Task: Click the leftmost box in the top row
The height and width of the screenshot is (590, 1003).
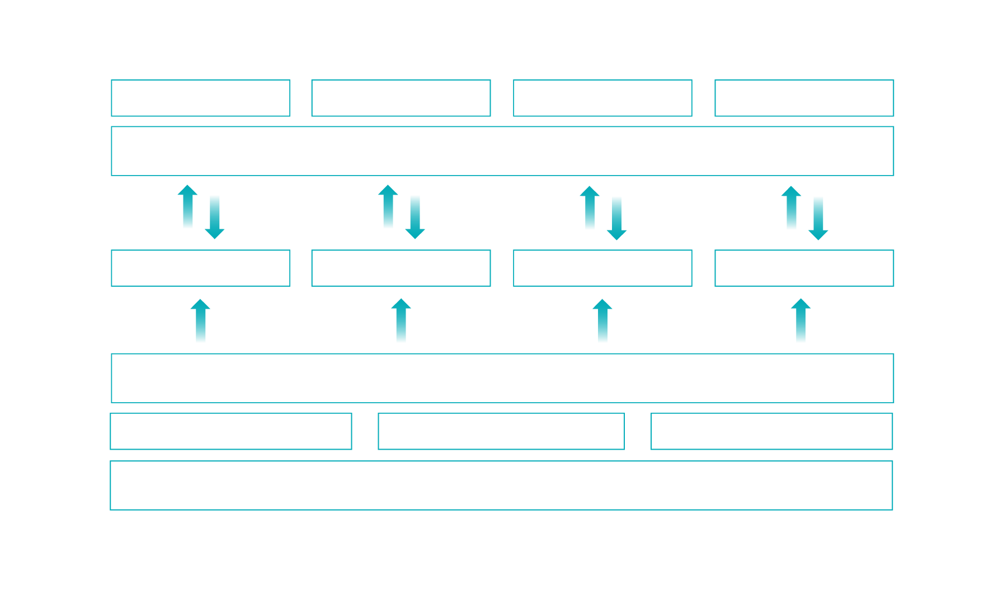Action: coord(200,98)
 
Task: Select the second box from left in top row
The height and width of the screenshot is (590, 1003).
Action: coord(401,98)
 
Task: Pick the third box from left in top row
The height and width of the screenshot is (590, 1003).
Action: coord(602,98)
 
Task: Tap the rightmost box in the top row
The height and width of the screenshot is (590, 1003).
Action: coord(804,98)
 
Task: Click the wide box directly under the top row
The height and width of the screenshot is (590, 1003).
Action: coord(502,151)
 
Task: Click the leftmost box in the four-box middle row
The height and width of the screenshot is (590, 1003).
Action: coord(200,268)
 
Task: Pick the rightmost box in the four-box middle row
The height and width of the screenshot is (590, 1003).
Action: coord(804,268)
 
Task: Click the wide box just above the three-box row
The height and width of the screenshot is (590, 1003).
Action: coord(502,378)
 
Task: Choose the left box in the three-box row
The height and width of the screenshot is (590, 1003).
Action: coord(231,431)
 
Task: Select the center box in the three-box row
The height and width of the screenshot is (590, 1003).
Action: coord(501,431)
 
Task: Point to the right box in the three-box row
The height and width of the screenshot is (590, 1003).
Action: coord(771,431)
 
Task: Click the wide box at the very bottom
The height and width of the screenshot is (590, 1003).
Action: coord(501,485)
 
